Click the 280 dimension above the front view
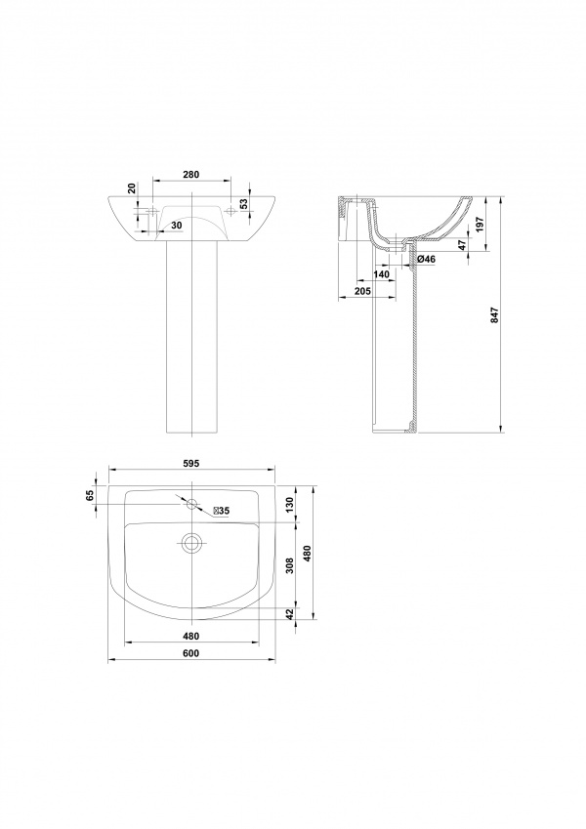[x=190, y=175]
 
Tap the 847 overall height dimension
[x=495, y=315]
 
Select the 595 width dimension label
[x=190, y=464]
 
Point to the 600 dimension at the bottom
[x=190, y=653]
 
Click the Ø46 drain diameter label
[x=426, y=259]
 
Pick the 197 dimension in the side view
[x=481, y=225]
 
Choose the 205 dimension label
[x=363, y=291]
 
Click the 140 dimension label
[x=381, y=274]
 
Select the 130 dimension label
[x=288, y=505]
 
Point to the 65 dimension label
[x=90, y=495]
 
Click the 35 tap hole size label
[x=221, y=511]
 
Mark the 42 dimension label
[x=288, y=613]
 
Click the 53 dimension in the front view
[x=244, y=204]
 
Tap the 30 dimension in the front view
[x=177, y=226]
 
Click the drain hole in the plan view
[x=191, y=543]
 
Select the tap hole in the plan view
[x=191, y=504]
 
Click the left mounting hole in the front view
[x=152, y=212]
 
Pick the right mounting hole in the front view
[x=230, y=212]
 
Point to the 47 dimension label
[x=462, y=244]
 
